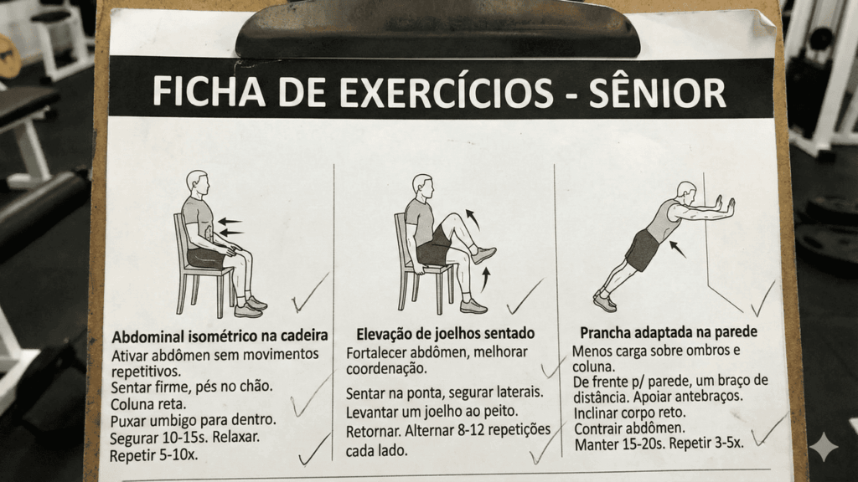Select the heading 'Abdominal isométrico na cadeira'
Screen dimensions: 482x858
coord(220,336)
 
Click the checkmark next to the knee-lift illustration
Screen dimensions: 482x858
coord(525,296)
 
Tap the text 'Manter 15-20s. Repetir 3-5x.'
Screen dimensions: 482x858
coord(659,444)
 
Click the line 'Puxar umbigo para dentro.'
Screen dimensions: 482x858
coord(193,419)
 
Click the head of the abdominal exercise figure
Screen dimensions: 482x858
coord(197,182)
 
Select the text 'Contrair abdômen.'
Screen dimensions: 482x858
coord(629,428)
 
